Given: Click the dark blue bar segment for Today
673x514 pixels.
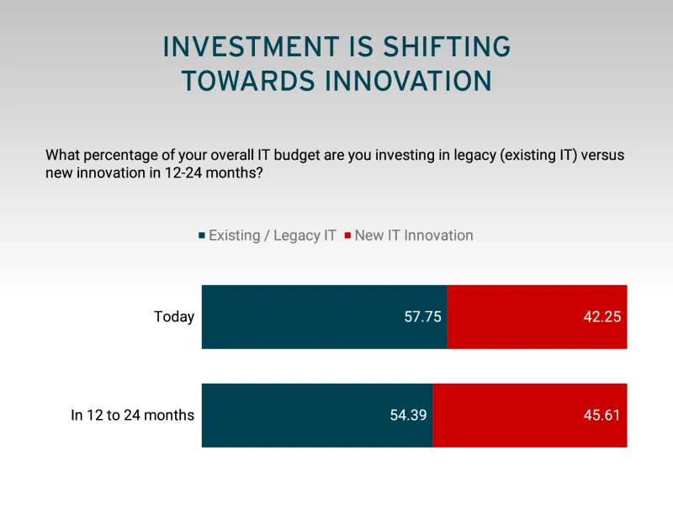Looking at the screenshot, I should [324, 317].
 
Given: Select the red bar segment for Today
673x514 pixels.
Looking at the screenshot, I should [537, 317].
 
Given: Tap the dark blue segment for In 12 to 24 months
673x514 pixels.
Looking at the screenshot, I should [317, 416].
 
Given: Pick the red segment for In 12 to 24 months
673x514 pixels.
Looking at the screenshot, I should [530, 416].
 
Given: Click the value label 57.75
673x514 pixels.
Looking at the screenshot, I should [423, 317].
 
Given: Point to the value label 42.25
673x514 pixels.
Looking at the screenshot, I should [603, 317].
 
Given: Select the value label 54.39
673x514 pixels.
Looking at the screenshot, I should [409, 416].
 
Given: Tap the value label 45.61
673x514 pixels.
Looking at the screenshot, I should [603, 416].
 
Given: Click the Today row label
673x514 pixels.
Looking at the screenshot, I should [174, 317].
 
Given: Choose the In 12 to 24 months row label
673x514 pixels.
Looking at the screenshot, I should [132, 416].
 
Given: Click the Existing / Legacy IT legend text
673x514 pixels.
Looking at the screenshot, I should [272, 236].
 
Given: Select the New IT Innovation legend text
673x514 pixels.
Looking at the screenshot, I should [413, 236].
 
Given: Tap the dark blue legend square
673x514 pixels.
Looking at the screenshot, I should [201, 236].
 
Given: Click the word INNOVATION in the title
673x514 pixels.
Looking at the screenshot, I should [408, 81].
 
